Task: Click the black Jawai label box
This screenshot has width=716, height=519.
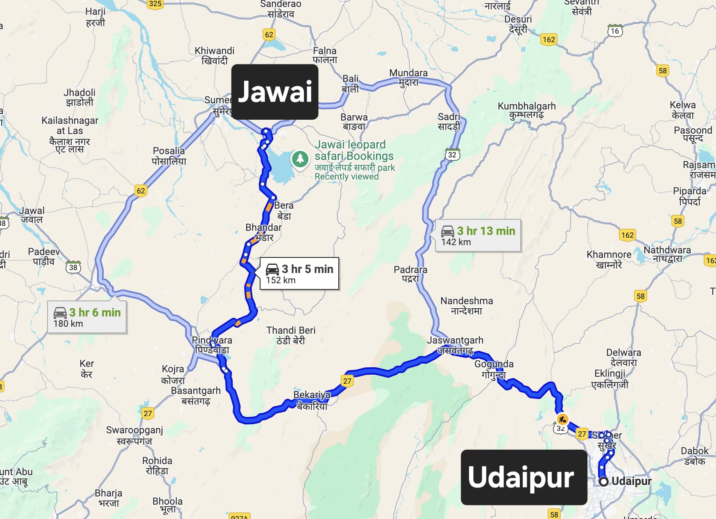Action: [275, 91]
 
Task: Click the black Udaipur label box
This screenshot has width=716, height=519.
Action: [524, 477]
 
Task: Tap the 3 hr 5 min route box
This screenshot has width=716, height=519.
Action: [299, 274]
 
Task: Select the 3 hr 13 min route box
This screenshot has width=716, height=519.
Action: [478, 236]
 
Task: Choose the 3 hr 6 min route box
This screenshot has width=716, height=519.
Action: [87, 317]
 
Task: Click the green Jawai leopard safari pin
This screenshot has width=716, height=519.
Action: [300, 159]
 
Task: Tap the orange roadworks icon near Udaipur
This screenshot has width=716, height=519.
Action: [562, 419]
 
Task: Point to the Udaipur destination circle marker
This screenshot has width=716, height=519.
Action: [603, 482]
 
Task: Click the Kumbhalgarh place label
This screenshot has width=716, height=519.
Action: [526, 110]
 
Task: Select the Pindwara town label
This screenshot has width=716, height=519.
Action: [212, 345]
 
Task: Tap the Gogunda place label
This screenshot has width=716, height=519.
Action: [494, 369]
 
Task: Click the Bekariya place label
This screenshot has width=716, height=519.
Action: [312, 400]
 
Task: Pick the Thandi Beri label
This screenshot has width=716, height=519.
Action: [291, 335]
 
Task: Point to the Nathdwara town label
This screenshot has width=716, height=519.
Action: [667, 254]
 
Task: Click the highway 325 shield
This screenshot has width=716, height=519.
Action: [155, 4]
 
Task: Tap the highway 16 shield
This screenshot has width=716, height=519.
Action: [615, 31]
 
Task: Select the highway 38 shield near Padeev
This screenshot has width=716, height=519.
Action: [73, 267]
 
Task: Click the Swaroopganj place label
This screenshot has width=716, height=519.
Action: [134, 435]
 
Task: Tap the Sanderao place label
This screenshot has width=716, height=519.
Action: [281, 9]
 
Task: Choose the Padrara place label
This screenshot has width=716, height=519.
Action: [410, 274]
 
